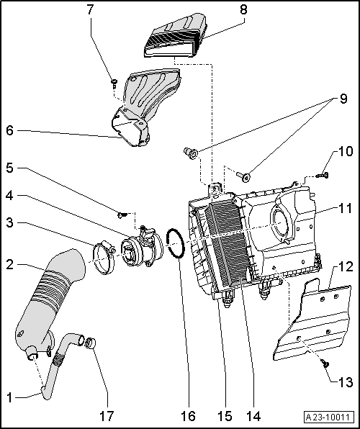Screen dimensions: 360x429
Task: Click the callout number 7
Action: pos(90,9)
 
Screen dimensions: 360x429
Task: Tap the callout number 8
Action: pos(243,9)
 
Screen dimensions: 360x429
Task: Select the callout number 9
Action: pos(343,99)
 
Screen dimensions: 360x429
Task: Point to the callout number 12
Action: pos(346,266)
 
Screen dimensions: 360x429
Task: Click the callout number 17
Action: pos(107,416)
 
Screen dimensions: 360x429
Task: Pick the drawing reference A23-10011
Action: pos(328,417)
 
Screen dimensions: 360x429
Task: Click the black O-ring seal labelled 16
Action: pos(176,243)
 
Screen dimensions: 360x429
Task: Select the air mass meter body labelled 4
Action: pos(142,248)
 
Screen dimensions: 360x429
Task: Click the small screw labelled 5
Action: pos(122,215)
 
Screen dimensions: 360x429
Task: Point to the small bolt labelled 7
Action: pos(114,83)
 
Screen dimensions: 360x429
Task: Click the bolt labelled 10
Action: pos(323,175)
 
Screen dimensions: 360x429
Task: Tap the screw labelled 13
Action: pos(325,364)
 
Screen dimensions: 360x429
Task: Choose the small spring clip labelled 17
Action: pos(90,343)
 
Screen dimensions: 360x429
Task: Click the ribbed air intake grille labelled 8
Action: pos(176,35)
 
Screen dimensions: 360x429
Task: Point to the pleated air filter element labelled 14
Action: pos(228,243)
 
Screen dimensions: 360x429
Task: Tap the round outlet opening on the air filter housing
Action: pos(281,223)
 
